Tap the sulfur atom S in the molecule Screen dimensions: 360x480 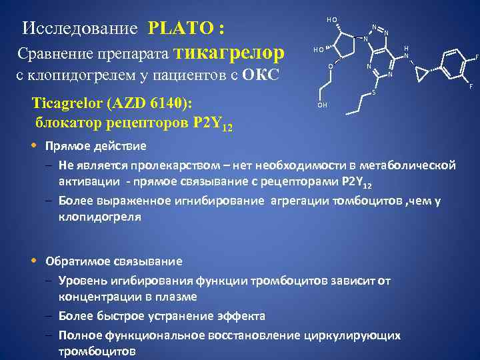tap(373, 91)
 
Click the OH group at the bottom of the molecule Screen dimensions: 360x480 tap(323, 105)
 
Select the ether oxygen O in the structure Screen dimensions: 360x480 tap(330, 67)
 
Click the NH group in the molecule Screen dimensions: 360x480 tap(407, 53)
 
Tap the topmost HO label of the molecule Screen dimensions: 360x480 tap(332, 19)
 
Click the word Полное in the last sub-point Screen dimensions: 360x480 tap(82, 335)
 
